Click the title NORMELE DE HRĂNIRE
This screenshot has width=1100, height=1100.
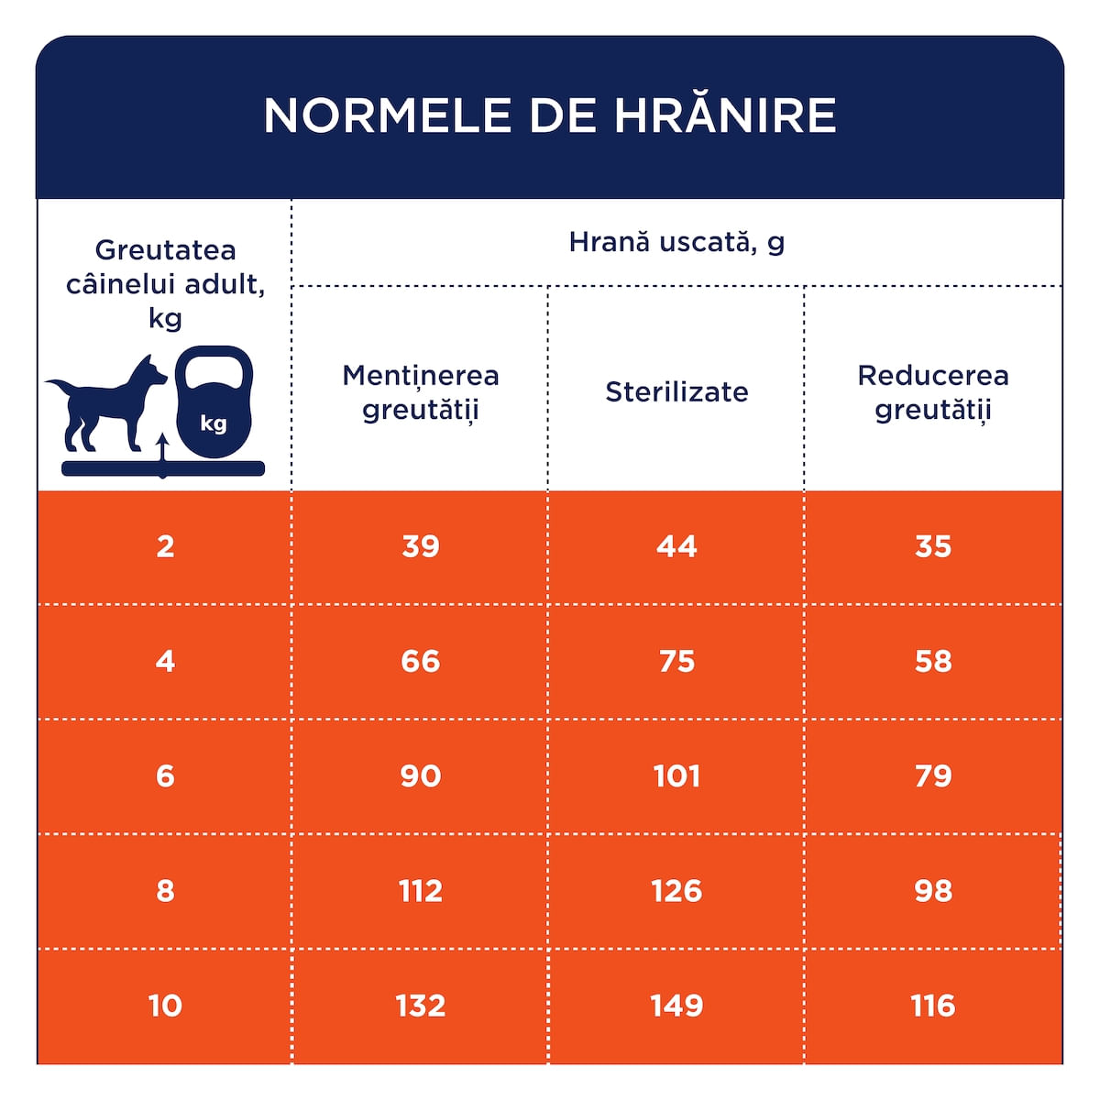coord(550,115)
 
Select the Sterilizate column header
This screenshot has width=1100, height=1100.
coord(676,391)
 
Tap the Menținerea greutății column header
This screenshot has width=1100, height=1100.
coord(421,391)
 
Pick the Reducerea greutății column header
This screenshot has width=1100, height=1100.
coord(933,391)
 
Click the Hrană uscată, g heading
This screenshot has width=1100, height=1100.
coord(676,242)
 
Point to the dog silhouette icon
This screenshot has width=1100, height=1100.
coord(105,403)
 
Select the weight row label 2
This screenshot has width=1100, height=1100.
coord(165,546)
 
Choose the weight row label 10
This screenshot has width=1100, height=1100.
coord(165,1006)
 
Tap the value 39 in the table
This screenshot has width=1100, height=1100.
coord(421,546)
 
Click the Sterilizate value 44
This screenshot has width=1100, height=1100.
coord(676,546)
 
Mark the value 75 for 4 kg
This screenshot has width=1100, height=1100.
coord(676,661)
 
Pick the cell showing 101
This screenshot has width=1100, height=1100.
coord(676,776)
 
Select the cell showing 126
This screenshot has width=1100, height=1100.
coord(676,891)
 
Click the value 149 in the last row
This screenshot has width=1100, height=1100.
coord(676,1006)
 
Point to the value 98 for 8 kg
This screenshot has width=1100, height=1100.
coord(933,891)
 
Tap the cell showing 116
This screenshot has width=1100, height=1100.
coord(933,1006)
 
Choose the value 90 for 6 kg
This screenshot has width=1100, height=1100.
coord(421,776)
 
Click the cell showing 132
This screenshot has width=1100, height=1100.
coord(421,1006)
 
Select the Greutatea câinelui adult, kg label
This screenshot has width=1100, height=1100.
coord(165,283)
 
